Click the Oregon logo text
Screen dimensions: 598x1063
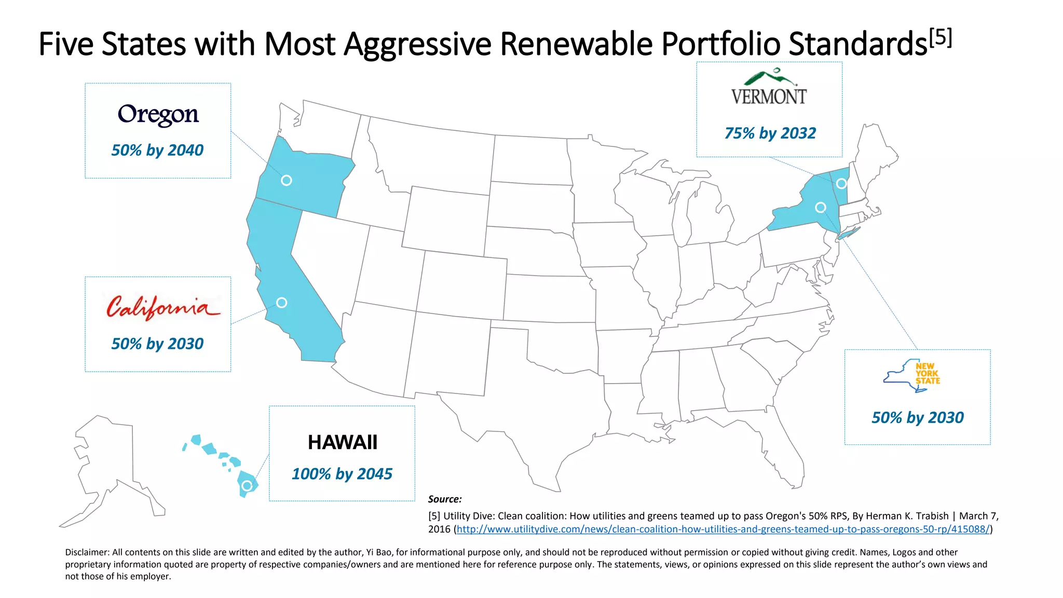(158, 114)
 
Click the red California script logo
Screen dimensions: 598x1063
(163, 308)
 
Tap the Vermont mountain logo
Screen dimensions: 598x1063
(769, 87)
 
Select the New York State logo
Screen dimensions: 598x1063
(911, 375)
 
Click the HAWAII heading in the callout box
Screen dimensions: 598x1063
(342, 442)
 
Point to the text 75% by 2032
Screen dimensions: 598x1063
(770, 133)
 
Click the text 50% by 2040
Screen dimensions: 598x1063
(157, 151)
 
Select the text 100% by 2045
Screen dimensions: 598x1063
(342, 474)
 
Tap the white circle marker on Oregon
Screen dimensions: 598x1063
(287, 180)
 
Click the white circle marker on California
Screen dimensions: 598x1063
(281, 303)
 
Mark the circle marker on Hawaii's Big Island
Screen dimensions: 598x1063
(247, 485)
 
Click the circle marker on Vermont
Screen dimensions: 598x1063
(841, 183)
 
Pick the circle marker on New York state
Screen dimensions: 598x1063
(821, 208)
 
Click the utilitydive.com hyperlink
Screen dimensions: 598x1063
(723, 529)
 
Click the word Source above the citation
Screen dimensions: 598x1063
(444, 499)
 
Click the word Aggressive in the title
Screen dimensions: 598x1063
(417, 44)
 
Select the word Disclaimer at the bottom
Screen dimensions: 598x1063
(86, 552)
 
